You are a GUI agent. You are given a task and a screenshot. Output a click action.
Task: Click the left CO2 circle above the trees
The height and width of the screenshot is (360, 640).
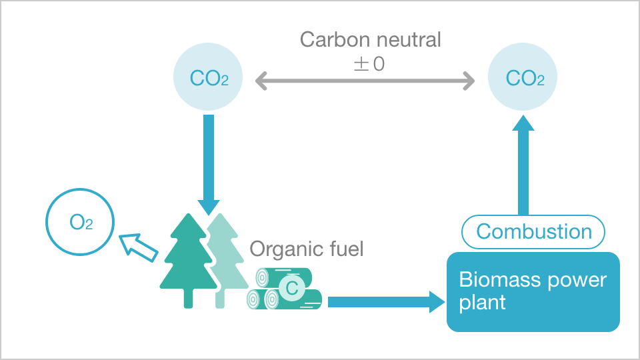pyautogui.click(x=209, y=79)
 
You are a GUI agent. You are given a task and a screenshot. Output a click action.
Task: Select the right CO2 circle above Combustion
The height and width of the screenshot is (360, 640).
pyautogui.click(x=525, y=79)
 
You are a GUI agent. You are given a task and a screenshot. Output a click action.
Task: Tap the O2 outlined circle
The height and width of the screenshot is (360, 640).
pyautogui.click(x=80, y=222)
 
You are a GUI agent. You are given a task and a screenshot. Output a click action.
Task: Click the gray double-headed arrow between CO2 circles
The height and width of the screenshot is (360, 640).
pyautogui.click(x=365, y=81)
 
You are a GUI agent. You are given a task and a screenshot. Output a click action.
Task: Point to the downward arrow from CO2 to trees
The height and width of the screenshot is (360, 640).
pyautogui.click(x=209, y=160)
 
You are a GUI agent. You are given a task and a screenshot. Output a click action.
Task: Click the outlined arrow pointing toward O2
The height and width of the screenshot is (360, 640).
pyautogui.click(x=139, y=247)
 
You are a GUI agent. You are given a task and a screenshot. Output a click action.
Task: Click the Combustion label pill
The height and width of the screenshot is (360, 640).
pyautogui.click(x=534, y=232)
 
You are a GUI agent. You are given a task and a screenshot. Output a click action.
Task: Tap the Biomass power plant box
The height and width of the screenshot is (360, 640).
pyautogui.click(x=533, y=291)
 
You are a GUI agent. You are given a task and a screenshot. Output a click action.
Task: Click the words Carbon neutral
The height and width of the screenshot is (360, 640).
pyautogui.click(x=370, y=40)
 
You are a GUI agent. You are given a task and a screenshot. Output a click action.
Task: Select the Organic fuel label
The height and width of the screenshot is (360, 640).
pyautogui.click(x=307, y=250)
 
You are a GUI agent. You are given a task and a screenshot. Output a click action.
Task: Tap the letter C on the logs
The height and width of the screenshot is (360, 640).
pyautogui.click(x=291, y=288)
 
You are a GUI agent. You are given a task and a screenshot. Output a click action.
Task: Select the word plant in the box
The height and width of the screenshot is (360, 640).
pyautogui.click(x=482, y=303)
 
